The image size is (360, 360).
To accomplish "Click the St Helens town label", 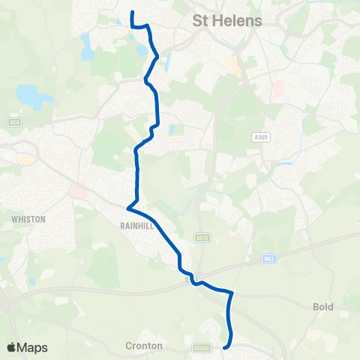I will (x=227, y=20).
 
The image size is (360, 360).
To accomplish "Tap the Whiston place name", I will (x=28, y=219).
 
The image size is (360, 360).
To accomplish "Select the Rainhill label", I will (x=135, y=223).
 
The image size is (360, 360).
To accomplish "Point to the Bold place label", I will (x=322, y=307).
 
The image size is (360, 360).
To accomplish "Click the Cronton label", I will (x=141, y=347).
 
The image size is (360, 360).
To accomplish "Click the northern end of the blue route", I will (x=133, y=12).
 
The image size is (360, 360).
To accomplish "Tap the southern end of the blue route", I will (x=224, y=346).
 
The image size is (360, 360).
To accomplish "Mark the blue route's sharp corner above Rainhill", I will (x=128, y=207).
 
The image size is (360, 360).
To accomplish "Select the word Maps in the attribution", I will (x=34, y=347).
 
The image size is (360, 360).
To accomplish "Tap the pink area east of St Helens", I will (x=278, y=88).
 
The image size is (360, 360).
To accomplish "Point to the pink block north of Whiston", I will (x=77, y=190).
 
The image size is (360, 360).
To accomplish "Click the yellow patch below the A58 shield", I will (x=26, y=159).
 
